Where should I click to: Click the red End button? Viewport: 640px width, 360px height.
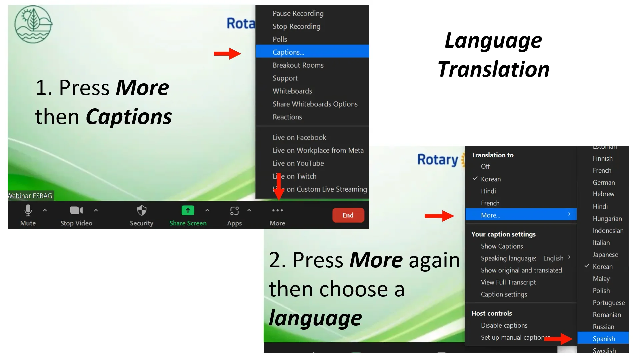click(348, 215)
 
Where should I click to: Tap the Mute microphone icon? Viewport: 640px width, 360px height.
click(28, 211)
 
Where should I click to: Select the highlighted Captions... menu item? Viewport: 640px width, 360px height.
click(288, 52)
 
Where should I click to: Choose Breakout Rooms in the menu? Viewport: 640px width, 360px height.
click(298, 65)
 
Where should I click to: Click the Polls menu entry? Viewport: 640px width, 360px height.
click(280, 39)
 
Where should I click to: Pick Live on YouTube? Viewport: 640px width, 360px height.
click(298, 163)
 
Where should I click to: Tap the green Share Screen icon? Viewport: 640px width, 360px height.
click(188, 211)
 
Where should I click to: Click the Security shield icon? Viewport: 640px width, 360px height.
click(142, 211)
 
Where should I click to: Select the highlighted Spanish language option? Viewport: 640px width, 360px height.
click(604, 339)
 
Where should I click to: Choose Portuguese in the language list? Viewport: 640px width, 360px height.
click(609, 303)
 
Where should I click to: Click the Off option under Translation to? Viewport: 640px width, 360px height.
click(485, 166)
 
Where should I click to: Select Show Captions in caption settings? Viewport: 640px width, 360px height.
click(502, 246)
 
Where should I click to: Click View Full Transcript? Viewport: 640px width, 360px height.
click(508, 282)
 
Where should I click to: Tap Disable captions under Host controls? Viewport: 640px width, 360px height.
click(504, 325)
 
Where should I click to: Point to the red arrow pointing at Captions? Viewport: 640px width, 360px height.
click(227, 54)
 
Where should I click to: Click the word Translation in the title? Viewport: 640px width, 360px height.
click(493, 69)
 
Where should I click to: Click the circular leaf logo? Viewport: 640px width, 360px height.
click(33, 24)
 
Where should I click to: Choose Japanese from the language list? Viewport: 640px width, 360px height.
click(605, 255)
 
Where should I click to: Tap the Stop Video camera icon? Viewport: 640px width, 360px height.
click(76, 211)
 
